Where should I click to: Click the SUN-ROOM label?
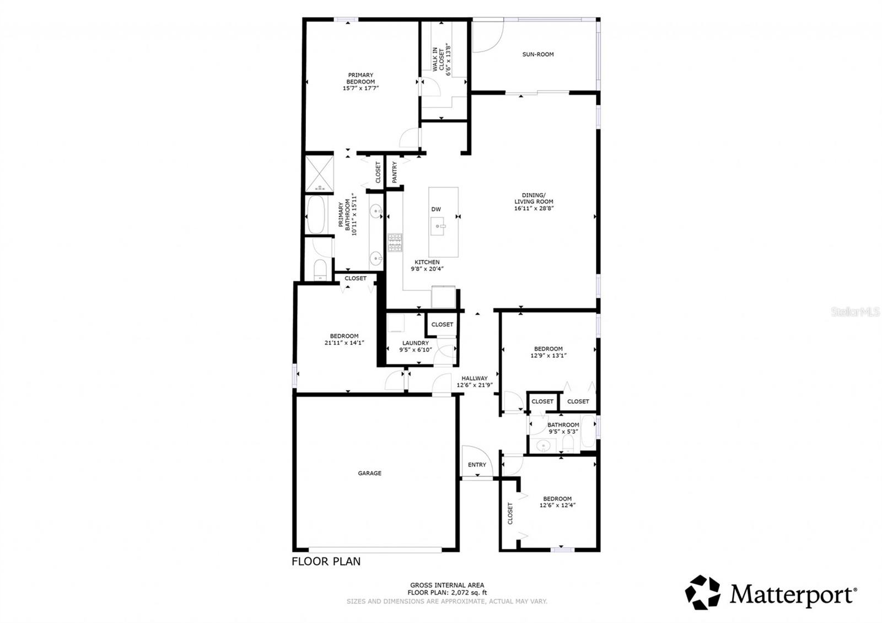[538, 54]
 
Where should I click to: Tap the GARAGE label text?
[369, 473]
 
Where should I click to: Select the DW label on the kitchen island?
[436, 210]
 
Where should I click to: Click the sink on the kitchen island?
[439, 225]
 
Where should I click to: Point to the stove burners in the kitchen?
[395, 243]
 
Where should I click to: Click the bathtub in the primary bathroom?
[316, 216]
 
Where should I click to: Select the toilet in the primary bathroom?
[320, 270]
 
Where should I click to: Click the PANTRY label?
[395, 172]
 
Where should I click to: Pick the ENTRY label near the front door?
[477, 465]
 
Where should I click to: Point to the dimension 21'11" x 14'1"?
[345, 343]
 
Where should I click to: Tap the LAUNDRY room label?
[415, 343]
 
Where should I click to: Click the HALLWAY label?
[474, 378]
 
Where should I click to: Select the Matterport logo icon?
[702, 593]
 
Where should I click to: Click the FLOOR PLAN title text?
[326, 562]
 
